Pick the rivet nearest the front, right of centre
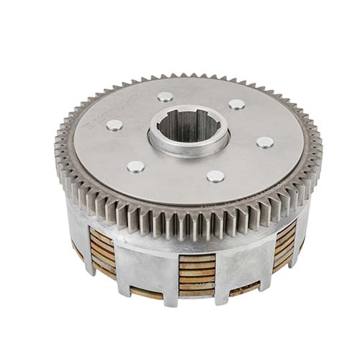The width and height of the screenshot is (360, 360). point(215,176)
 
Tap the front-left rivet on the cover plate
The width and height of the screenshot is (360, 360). point(135,167)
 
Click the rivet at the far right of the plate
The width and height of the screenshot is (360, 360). point(264,143)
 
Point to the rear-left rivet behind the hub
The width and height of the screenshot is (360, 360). point(166,96)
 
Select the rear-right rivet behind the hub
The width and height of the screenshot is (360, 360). point(236,104)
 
